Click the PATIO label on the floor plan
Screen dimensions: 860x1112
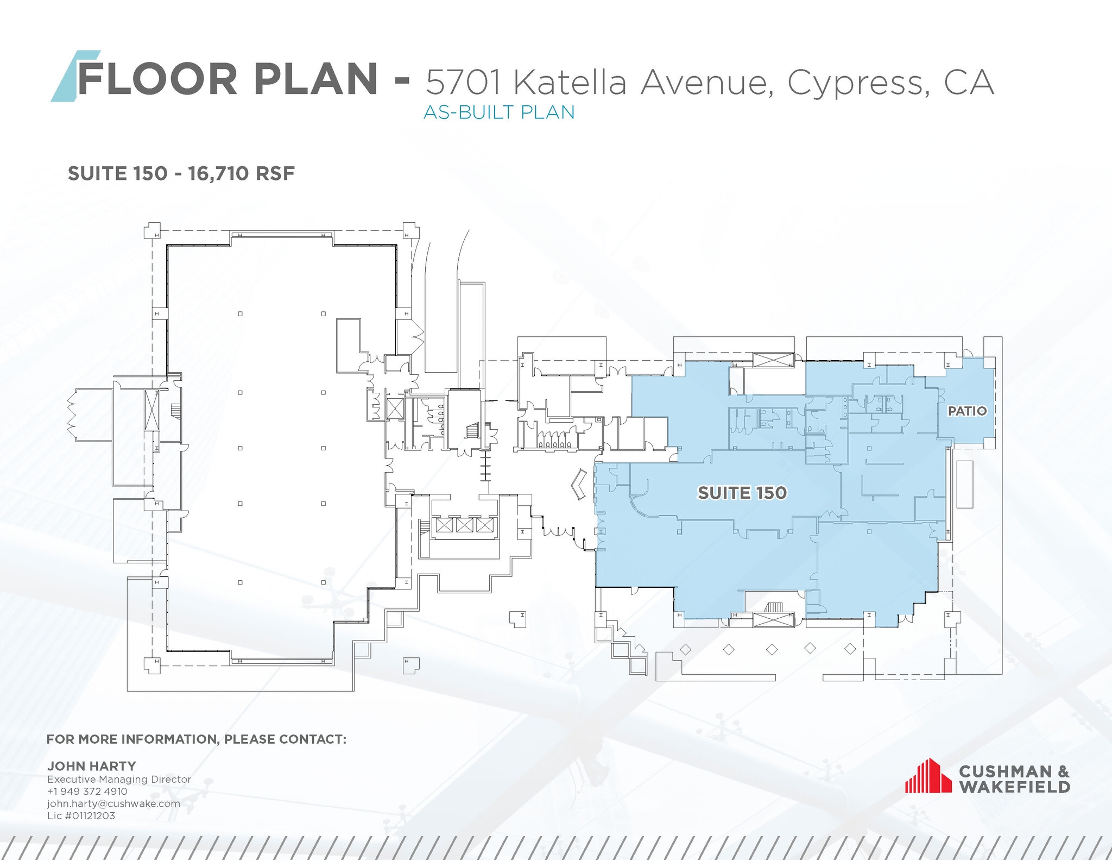967,411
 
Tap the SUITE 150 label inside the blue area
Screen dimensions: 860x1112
742,493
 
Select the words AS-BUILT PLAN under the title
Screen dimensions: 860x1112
498,112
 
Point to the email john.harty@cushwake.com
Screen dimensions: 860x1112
113,803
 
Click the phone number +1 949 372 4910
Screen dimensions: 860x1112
87,792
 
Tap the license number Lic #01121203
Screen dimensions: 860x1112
81,815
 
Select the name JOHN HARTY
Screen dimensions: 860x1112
92,766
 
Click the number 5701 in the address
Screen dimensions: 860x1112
463,83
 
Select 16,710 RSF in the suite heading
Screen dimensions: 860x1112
241,174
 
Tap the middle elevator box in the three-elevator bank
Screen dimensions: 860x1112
464,525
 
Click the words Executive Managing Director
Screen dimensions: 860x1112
119,779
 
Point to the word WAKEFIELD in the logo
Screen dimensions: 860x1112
1014,787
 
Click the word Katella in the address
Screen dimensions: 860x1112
570,83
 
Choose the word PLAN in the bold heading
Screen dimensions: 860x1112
315,79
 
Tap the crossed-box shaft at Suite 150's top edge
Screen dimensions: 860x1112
773,360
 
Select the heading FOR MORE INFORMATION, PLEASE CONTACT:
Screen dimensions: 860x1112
196,739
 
